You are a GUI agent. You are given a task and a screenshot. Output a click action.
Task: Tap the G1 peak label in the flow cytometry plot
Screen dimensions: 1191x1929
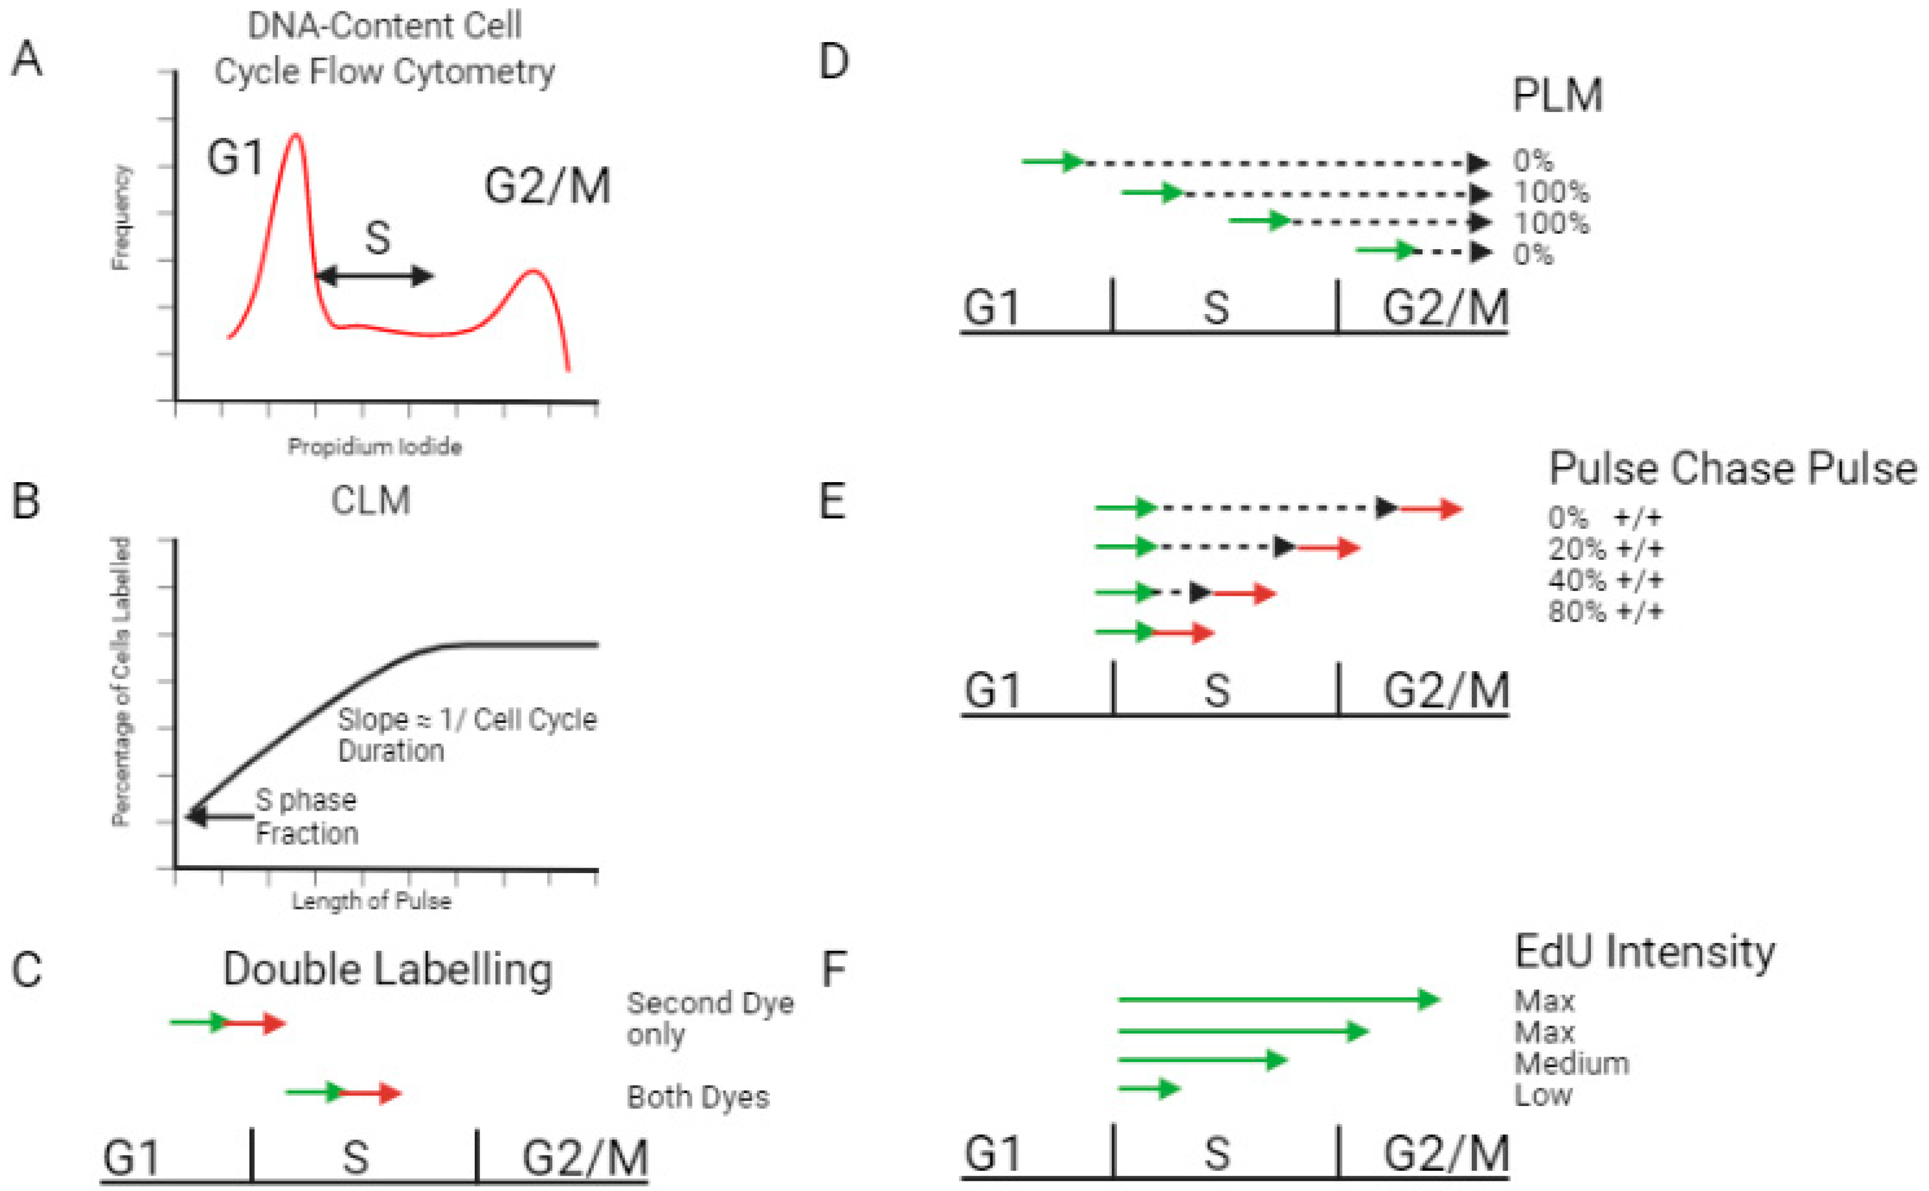[x=235, y=157]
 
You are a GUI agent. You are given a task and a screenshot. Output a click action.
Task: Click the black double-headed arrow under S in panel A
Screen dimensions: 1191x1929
[x=375, y=276]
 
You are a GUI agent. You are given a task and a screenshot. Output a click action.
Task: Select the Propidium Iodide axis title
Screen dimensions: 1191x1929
[x=374, y=447]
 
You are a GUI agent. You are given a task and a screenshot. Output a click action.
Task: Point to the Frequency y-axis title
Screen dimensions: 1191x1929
[x=120, y=217]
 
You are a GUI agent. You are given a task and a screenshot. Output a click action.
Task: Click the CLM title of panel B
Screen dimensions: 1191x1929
[x=371, y=500]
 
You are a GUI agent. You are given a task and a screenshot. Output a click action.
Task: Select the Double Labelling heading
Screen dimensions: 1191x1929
[x=387, y=969]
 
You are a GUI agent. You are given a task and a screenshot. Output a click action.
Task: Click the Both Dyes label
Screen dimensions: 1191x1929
[x=697, y=1096]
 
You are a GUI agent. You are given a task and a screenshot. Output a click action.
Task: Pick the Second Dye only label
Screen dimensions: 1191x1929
[x=709, y=1018]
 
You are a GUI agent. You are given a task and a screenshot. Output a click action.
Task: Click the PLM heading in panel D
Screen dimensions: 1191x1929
[x=1557, y=96]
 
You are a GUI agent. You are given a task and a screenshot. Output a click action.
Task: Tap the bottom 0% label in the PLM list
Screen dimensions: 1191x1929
[x=1532, y=254]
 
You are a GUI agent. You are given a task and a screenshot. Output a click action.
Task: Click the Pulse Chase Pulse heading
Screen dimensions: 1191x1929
[x=1732, y=469]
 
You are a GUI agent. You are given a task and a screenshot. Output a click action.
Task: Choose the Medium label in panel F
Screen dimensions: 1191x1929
[x=1571, y=1063]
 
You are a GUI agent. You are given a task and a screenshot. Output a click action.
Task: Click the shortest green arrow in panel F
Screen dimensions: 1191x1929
[x=1149, y=1089]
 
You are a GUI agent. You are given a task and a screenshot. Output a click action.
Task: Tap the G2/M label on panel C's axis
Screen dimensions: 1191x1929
[x=585, y=1158]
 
